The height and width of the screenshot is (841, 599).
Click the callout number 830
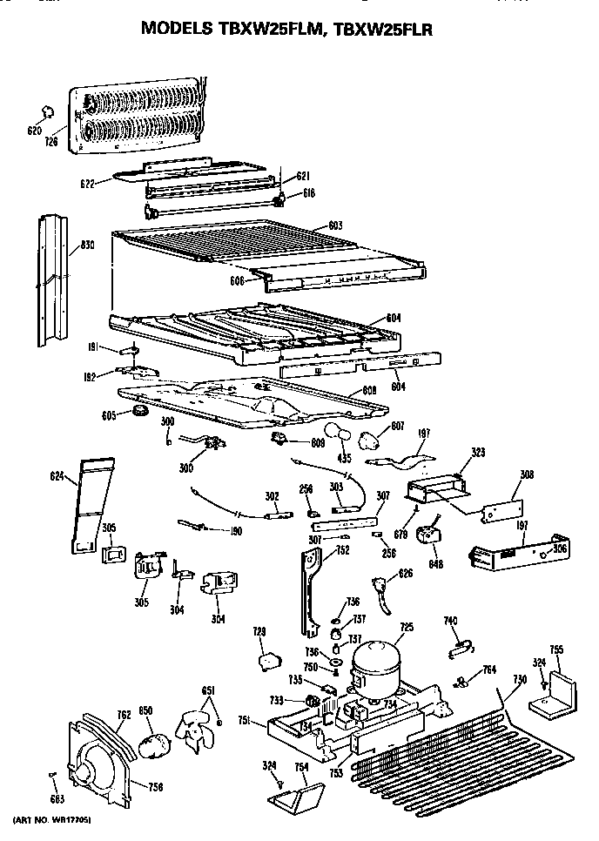(x=87, y=246)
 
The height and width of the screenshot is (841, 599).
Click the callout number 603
(x=335, y=225)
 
